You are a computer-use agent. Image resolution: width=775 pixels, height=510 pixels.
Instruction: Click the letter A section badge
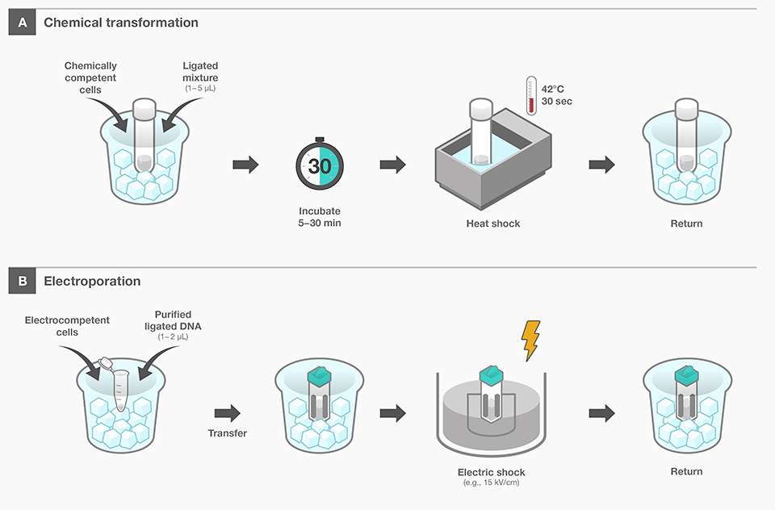(x=22, y=23)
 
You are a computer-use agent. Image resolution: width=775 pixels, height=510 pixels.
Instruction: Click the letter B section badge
(x=22, y=282)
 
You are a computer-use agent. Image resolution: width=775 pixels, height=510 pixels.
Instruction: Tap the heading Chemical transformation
(x=121, y=23)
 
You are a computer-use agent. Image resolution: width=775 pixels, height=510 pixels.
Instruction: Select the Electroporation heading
(x=92, y=282)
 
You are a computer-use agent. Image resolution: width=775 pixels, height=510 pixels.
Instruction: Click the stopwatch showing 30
(x=320, y=165)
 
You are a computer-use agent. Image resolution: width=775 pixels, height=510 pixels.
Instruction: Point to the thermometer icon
(x=530, y=94)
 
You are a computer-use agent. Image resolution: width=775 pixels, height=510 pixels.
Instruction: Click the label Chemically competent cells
(x=90, y=77)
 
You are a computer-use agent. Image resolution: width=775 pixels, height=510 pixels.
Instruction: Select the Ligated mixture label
(x=200, y=71)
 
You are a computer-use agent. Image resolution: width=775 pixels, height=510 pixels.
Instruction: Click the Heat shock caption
(x=493, y=224)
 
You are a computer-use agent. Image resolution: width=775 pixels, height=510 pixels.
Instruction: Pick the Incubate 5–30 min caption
(x=320, y=216)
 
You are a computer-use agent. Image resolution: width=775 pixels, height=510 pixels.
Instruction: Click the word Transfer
(x=228, y=433)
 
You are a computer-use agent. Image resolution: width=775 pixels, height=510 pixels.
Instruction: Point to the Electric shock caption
(x=492, y=472)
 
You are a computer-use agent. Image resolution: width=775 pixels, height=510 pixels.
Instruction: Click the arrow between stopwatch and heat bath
(x=392, y=165)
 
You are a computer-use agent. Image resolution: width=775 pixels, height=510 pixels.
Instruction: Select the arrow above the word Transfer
(x=227, y=413)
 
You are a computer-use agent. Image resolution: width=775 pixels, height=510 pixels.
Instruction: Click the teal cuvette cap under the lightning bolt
(x=492, y=375)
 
